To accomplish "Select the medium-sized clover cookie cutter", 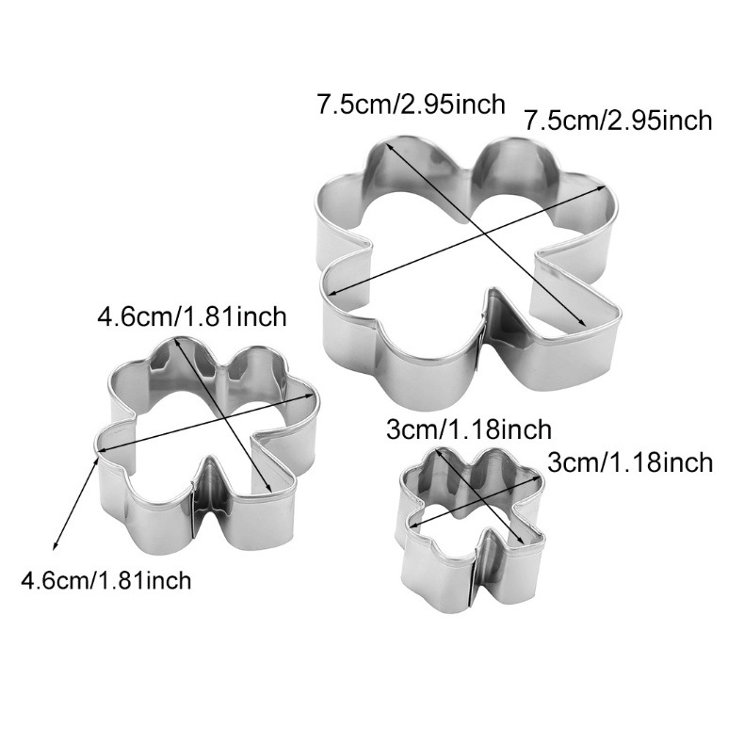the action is click(207, 443).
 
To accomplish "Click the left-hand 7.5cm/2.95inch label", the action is click(411, 104).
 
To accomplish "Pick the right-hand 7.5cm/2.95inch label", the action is click(617, 121).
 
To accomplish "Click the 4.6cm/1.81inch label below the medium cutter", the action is click(105, 579).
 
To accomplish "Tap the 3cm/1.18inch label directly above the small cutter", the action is click(469, 430).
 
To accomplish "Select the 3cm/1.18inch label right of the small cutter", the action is click(629, 462).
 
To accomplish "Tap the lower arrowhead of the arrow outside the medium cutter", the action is click(56, 546).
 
